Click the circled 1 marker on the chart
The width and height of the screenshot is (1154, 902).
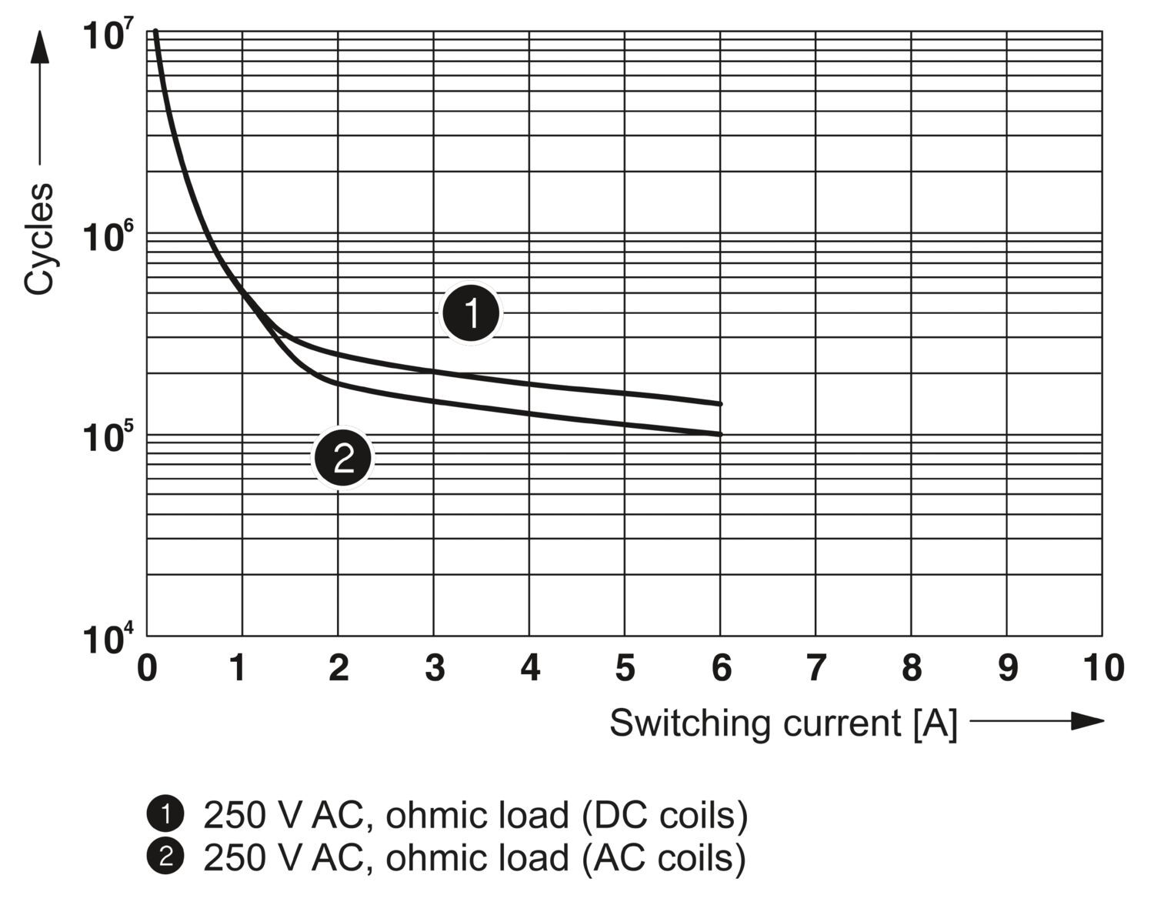click(471, 314)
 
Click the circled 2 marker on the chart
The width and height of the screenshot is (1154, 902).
click(342, 459)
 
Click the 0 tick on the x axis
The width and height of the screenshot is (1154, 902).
click(146, 668)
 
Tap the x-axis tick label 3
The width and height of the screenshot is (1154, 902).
click(435, 668)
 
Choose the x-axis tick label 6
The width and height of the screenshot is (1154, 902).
click(721, 668)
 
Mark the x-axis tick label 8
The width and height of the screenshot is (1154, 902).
click(912, 668)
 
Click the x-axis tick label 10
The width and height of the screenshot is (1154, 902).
click(1103, 668)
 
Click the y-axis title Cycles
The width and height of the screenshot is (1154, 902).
click(39, 239)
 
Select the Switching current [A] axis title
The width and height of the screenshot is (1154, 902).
click(783, 723)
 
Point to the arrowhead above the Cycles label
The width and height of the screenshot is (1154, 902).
click(39, 48)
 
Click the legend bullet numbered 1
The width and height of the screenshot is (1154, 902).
click(165, 814)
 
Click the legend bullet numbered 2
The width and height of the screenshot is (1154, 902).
click(165, 857)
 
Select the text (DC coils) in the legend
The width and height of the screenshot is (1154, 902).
click(664, 815)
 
